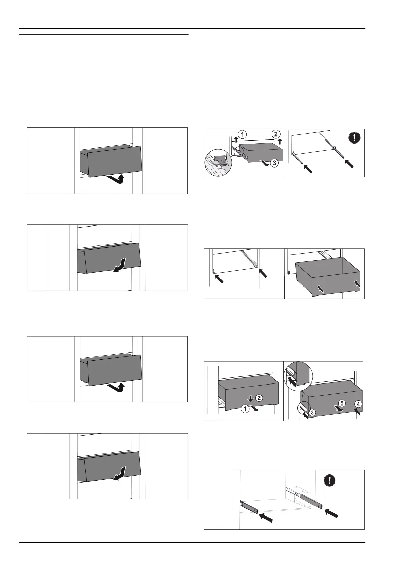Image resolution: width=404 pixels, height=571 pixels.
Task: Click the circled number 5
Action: pos(342,403)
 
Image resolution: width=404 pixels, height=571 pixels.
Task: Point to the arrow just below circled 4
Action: pos(357,411)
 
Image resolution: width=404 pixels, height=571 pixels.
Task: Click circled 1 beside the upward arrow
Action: pos(242,134)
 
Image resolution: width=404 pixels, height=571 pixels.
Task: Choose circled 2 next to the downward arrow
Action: pos(258,398)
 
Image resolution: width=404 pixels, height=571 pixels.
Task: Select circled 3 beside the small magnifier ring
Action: pos(312,412)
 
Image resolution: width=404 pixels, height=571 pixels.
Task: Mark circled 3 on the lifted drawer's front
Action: pos(274,163)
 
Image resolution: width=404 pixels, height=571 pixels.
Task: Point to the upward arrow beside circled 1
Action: pos(235,138)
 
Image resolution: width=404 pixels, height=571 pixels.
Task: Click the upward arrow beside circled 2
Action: pos(280,141)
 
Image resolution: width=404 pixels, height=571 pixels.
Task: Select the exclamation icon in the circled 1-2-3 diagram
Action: pos(354,137)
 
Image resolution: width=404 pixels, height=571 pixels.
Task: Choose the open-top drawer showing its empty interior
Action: pos(327,277)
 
